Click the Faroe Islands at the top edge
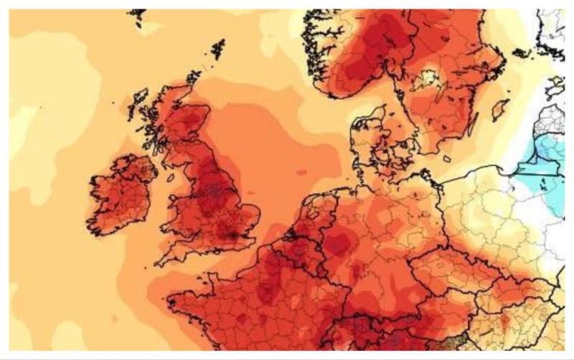pos(136,15)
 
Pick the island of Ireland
pos(118,194)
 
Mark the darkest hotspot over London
pos(232,229)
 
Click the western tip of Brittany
pos(169,299)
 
